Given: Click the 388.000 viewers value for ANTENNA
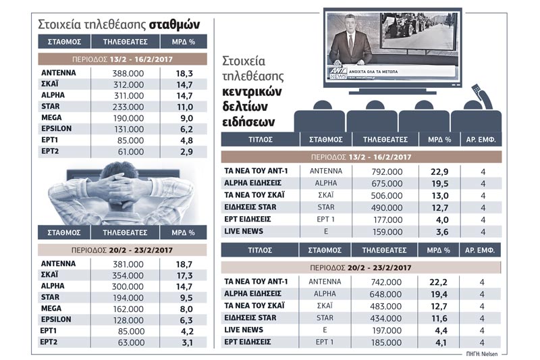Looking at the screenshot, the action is [x=128, y=74].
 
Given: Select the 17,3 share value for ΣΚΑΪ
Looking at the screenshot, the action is [x=184, y=276].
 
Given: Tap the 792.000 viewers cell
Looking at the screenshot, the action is [x=387, y=172].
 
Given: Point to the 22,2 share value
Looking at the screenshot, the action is [x=438, y=282].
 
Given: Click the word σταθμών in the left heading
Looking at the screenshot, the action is [x=174, y=24].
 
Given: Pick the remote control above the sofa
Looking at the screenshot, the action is [x=481, y=95].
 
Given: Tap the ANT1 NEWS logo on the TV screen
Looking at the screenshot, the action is [x=337, y=73].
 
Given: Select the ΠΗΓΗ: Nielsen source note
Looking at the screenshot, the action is [x=482, y=354].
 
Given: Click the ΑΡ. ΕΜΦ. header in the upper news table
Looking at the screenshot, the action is [x=481, y=140].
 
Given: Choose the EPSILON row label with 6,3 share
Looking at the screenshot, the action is [x=56, y=319].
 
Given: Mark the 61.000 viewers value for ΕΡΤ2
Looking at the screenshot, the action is [x=131, y=151].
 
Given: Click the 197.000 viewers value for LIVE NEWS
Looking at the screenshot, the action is [x=387, y=331].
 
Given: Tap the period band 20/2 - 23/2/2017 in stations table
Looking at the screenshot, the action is [x=122, y=250].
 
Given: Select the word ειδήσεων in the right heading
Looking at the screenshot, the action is [x=248, y=123].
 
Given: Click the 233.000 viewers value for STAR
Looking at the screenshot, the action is [x=128, y=107].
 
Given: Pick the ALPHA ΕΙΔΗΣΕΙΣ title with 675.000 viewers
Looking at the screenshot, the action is [x=252, y=183].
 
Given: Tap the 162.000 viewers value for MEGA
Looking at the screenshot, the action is [x=128, y=309].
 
